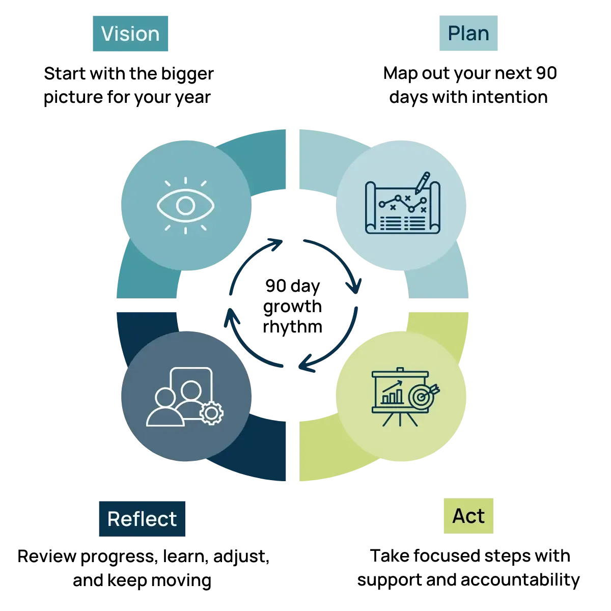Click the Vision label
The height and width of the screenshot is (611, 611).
(x=130, y=34)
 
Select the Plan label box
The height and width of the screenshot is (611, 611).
(x=468, y=34)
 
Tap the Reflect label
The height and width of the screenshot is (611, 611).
(x=142, y=519)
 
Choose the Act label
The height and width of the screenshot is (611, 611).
(x=468, y=516)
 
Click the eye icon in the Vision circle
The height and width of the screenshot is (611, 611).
(x=185, y=206)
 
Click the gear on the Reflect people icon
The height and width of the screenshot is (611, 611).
(x=211, y=413)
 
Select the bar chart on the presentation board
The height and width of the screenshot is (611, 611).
(x=392, y=396)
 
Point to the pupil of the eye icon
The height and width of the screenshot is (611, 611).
(x=185, y=206)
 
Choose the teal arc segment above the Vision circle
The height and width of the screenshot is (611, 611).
(x=255, y=148)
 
